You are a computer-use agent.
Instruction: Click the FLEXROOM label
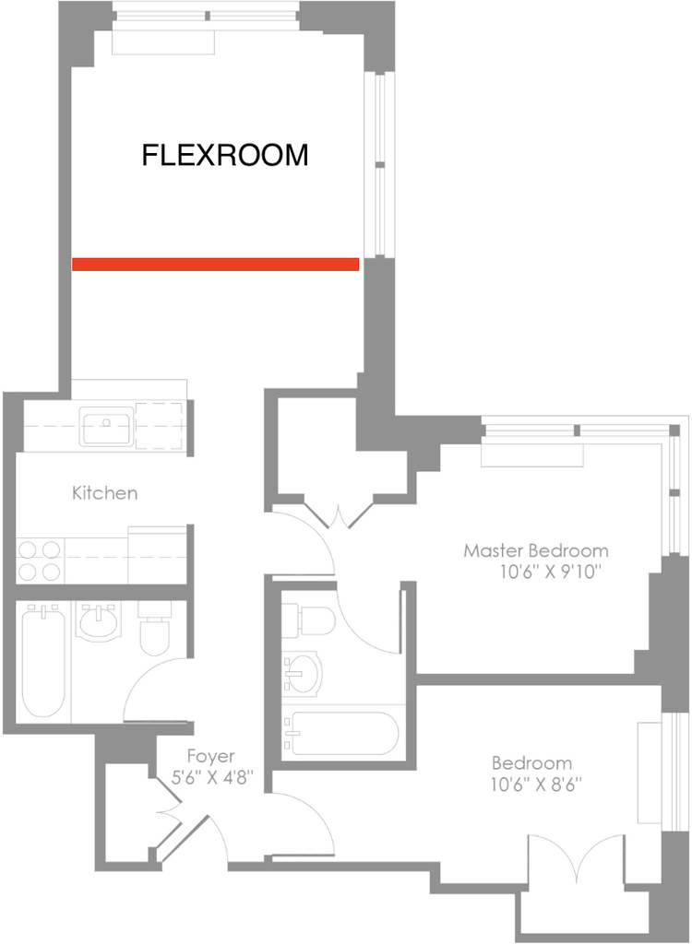[225, 155]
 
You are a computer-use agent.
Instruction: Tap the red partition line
[215, 264]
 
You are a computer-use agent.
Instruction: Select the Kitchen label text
[105, 493]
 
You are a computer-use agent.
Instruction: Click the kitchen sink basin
[107, 426]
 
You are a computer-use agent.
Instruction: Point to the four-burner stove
[40, 560]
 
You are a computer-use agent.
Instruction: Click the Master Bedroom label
[536, 550]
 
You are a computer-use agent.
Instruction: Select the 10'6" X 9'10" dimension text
[551, 572]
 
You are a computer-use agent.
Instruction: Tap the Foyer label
[211, 756]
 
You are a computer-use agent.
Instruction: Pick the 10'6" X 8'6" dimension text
[536, 785]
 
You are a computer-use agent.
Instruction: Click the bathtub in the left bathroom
[43, 661]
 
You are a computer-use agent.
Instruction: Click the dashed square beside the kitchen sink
[159, 426]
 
